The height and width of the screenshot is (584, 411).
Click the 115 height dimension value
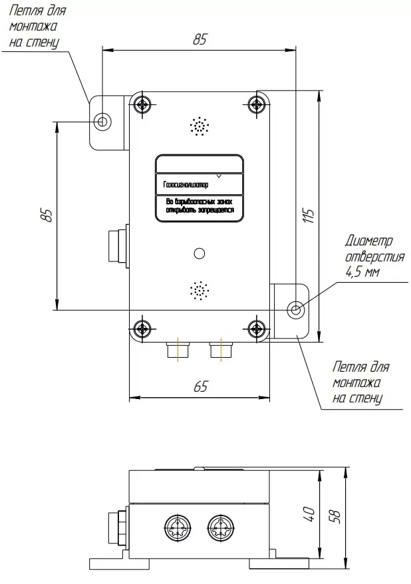pyautogui.click(x=309, y=216)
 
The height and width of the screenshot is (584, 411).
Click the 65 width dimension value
pyautogui.click(x=200, y=386)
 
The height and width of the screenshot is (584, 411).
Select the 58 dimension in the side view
pyautogui.click(x=335, y=517)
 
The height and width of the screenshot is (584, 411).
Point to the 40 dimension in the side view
pyautogui.click(x=309, y=514)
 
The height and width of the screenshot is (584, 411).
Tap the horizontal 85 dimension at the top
pyautogui.click(x=200, y=39)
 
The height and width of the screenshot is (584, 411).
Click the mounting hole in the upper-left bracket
pyautogui.click(x=102, y=121)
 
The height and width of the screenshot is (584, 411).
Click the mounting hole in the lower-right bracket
pyautogui.click(x=295, y=309)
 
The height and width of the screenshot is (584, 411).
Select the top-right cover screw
pyautogui.click(x=257, y=104)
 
